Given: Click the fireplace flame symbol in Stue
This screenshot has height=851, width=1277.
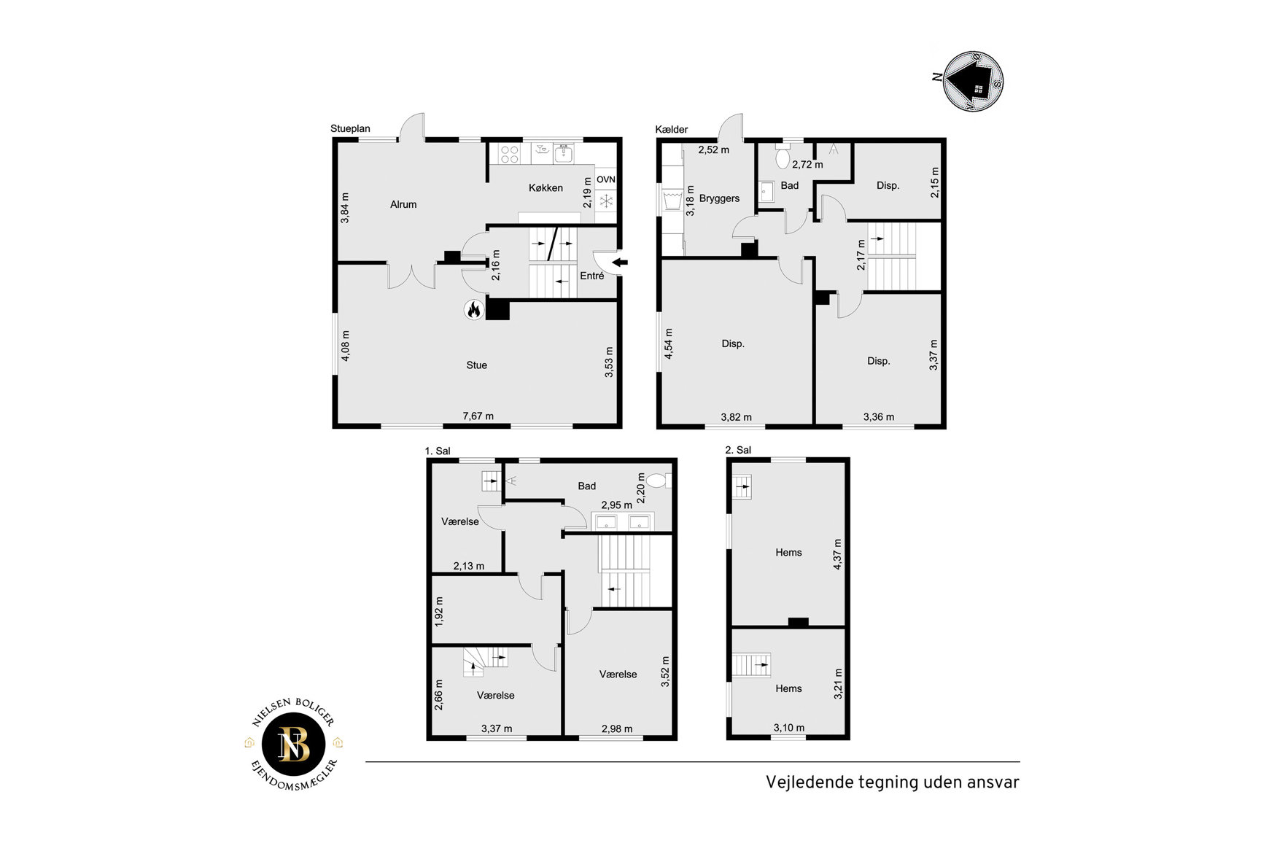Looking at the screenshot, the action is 473,310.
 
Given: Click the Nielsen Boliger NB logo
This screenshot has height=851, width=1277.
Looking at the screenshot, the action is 294,744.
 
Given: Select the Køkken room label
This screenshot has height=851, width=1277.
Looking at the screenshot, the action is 546,187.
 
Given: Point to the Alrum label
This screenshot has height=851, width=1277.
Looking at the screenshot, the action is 403,204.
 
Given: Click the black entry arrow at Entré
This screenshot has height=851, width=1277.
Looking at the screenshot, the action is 619,263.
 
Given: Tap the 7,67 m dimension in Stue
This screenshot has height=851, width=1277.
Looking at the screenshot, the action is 478,416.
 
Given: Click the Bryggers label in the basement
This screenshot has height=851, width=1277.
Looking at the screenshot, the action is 719,198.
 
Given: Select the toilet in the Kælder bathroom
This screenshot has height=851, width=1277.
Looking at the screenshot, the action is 783,157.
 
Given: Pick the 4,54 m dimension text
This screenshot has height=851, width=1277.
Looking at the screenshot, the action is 669,343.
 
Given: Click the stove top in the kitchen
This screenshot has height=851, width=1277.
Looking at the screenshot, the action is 509,154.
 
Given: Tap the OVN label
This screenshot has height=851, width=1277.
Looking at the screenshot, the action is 606,179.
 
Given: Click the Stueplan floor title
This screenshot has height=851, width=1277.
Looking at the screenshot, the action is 350,128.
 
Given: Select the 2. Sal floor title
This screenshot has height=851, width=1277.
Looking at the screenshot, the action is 738,450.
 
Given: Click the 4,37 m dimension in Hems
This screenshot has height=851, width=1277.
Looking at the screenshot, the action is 837,553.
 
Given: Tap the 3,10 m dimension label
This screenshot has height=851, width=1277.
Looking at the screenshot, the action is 789,727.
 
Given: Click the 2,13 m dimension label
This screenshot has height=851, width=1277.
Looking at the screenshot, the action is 468,566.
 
